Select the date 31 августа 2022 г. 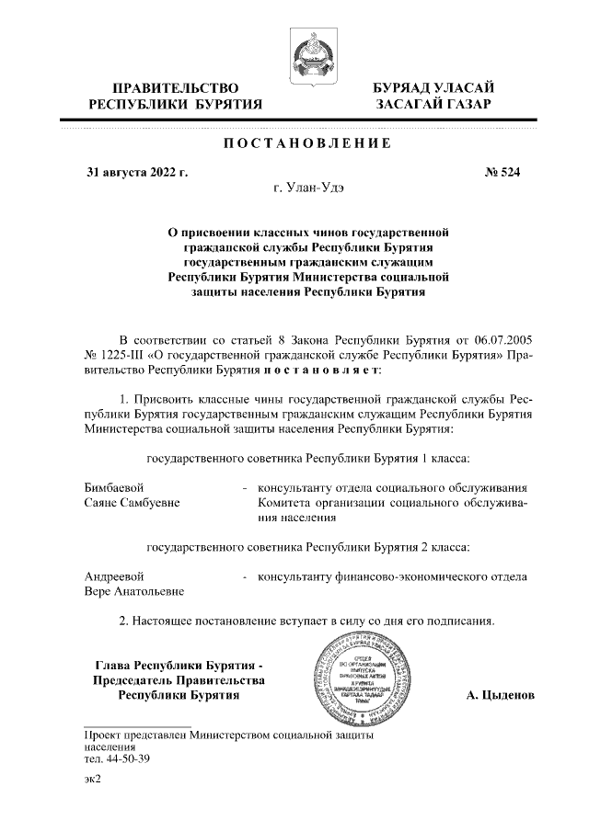[137, 172]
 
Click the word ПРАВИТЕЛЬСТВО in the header [176, 87]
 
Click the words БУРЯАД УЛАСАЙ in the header [433, 87]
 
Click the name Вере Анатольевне [134, 592]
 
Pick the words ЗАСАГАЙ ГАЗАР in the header [433, 105]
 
